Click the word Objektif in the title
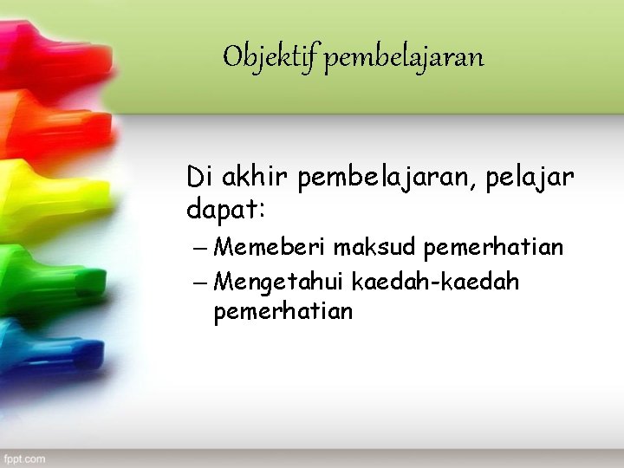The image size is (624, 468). pos(270,58)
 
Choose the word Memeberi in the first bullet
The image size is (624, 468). pos(270,248)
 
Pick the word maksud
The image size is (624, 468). pos(375,248)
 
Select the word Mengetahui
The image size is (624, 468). pos(280,282)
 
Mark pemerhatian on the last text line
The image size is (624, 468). pos(283,311)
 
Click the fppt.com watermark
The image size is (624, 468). pos(24,458)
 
